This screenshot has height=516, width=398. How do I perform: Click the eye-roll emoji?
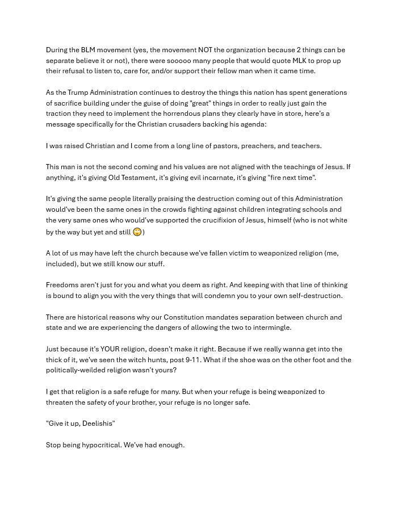click(137, 232)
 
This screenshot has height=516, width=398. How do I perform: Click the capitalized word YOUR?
click(110, 349)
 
